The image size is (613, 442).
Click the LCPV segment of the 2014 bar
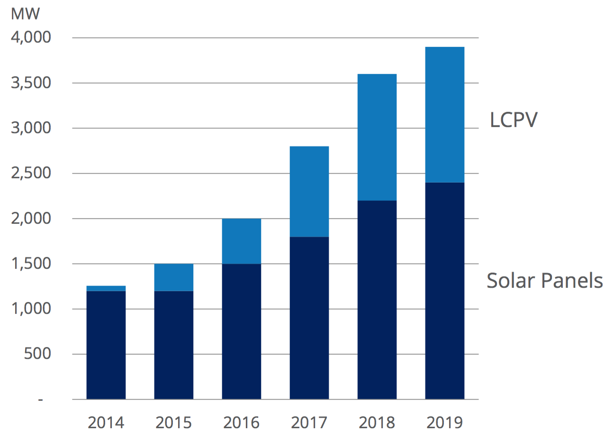[106, 288]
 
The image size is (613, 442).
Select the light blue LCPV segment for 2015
[174, 277]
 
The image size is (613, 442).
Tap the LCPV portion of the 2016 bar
[242, 241]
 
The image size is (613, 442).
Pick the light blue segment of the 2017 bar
[309, 192]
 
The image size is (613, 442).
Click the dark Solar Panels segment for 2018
[377, 300]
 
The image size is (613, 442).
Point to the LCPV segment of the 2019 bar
[445, 115]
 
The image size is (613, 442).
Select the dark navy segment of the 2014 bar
[106, 345]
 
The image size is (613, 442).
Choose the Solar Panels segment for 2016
[242, 331]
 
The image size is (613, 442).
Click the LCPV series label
[514, 120]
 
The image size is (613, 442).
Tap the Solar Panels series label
[545, 281]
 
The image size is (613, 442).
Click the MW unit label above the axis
[25, 14]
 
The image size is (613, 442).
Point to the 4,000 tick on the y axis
[31, 37]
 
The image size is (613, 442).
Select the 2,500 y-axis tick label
[31, 173]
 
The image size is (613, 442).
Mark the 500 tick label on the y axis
[37, 353]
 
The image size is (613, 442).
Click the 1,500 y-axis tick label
[31, 263]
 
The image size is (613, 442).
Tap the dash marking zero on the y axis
[41, 400]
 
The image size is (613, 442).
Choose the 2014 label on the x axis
[106, 422]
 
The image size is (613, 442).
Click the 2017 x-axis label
[309, 422]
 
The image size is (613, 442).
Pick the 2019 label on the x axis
[445, 422]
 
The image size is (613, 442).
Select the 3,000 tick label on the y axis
[31, 128]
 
